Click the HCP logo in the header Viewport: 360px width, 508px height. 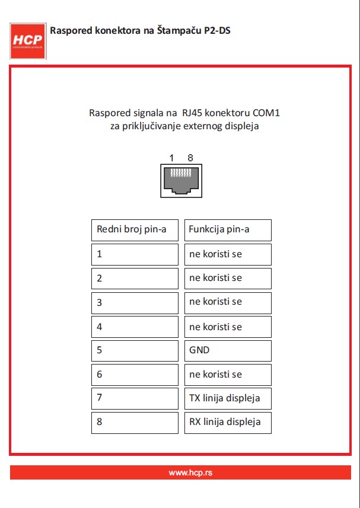[x=28, y=40]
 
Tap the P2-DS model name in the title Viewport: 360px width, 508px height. [x=216, y=30]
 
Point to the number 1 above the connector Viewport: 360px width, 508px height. [x=171, y=158]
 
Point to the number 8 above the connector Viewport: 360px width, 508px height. [x=190, y=158]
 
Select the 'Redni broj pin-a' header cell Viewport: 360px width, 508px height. [x=135, y=230]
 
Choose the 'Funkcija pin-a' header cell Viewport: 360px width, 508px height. [x=228, y=230]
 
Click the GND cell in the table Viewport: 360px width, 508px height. [x=228, y=350]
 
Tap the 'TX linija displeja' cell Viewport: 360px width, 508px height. [x=228, y=398]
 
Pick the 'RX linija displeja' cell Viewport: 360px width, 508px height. [x=228, y=423]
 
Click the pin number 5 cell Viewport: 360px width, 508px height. [x=135, y=350]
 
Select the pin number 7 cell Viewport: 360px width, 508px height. [x=135, y=398]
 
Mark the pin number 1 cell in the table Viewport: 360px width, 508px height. [x=135, y=254]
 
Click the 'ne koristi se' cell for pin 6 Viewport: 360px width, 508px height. [x=228, y=375]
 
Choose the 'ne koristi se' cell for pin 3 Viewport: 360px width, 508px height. [x=228, y=302]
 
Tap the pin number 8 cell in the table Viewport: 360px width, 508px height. [x=135, y=423]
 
